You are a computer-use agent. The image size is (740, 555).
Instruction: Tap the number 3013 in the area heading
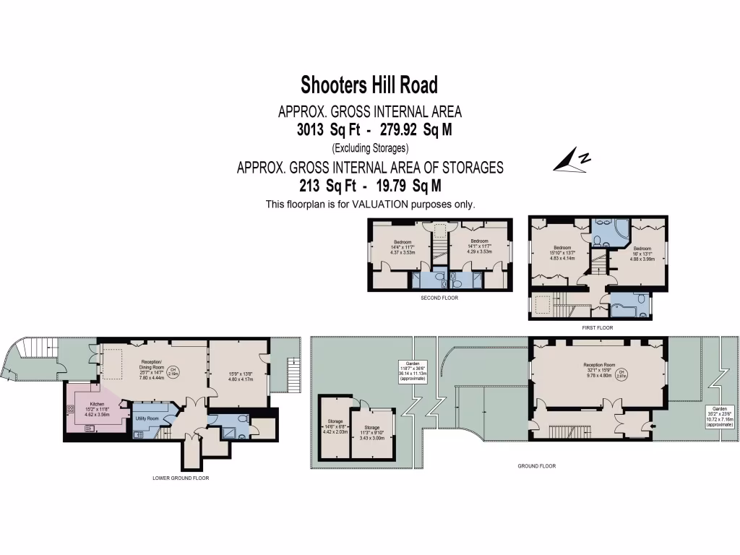311,129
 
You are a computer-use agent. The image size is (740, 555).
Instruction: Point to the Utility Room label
147,418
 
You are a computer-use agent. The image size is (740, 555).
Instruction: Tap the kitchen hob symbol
70,409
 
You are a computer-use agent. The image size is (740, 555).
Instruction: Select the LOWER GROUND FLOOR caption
181,478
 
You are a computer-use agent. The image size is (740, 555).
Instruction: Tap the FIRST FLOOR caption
597,327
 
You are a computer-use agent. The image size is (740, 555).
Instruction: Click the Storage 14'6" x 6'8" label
335,426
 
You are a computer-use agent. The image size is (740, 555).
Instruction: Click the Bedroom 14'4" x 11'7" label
402,247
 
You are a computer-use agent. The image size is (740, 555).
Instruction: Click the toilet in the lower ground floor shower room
242,418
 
